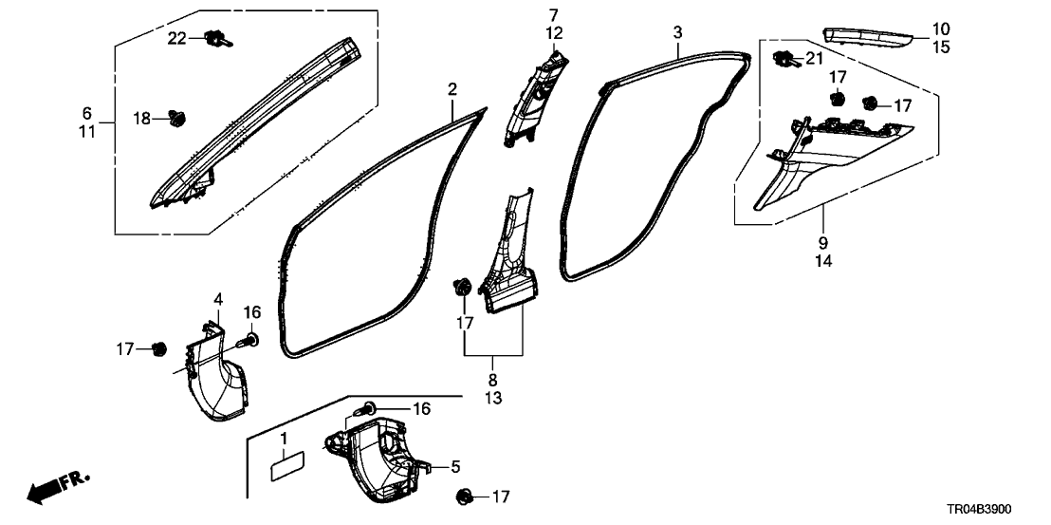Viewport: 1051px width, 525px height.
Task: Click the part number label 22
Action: point(177,37)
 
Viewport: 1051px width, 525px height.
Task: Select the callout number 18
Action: point(141,119)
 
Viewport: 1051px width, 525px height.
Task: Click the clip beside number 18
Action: point(175,119)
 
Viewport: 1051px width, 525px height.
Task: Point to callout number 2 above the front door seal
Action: point(452,90)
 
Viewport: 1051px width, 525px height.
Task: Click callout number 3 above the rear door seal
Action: point(677,32)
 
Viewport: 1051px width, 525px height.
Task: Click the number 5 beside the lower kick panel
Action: point(455,466)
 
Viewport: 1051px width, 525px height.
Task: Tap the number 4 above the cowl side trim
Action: point(217,300)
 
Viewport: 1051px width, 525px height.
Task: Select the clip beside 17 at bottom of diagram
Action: point(465,496)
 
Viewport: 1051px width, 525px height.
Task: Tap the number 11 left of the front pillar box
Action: point(86,132)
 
